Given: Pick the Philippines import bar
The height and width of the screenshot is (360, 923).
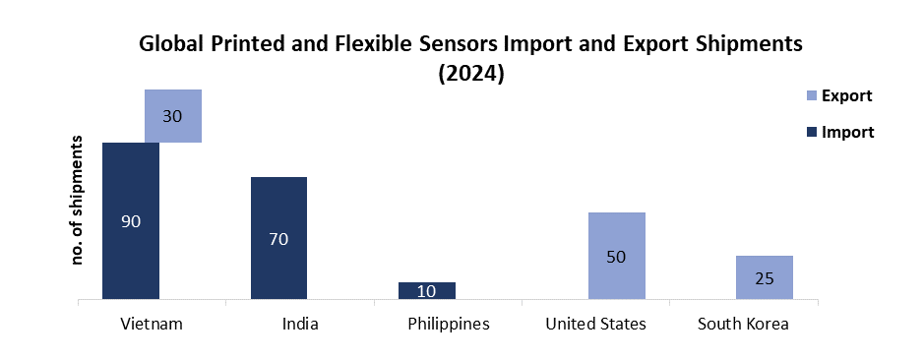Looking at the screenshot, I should (x=427, y=290).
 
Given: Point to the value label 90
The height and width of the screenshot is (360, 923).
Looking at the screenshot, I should (x=131, y=221).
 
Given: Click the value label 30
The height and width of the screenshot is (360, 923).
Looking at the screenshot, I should (x=173, y=116).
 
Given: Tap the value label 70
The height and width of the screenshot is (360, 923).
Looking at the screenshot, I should (x=278, y=238).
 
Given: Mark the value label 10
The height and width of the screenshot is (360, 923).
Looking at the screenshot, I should (x=427, y=291).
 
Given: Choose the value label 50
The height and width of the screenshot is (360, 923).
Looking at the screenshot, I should (x=617, y=257).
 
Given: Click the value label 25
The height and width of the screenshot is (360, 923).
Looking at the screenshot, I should (x=765, y=278).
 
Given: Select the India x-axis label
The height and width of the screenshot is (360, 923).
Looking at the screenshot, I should (x=299, y=324).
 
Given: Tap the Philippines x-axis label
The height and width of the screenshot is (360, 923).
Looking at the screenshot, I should (x=447, y=324).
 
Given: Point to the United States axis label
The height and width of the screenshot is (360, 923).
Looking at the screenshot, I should (x=596, y=324).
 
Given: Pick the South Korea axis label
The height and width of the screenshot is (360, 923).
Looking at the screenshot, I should (x=743, y=324).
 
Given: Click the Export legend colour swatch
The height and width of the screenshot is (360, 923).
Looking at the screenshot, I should (x=811, y=95).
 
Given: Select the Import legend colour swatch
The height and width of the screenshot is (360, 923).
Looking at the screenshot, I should (x=811, y=131).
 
